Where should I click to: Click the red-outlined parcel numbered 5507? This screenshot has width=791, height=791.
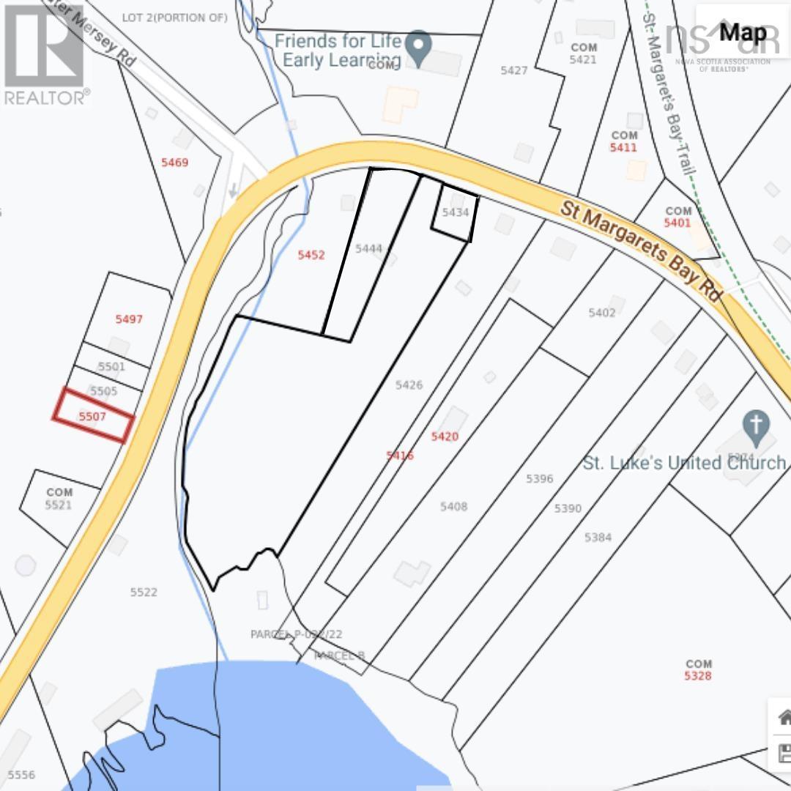(x=93, y=416)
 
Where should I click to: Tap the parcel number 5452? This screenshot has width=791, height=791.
(x=311, y=255)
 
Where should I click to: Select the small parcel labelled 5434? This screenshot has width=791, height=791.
(x=455, y=212)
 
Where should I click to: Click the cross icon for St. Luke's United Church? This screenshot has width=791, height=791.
(x=756, y=424)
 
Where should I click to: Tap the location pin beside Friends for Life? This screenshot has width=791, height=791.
(x=418, y=47)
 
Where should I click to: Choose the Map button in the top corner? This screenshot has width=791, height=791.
(x=742, y=32)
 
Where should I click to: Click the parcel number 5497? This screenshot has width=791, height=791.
(x=129, y=319)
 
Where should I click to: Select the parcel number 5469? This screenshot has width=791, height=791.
(x=174, y=163)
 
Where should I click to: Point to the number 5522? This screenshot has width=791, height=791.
(x=144, y=592)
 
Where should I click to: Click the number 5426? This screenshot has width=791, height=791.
(x=409, y=385)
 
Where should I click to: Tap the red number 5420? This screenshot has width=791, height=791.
(x=445, y=437)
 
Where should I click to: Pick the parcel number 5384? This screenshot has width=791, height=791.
(x=598, y=538)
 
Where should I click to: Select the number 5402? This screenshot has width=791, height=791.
(x=602, y=313)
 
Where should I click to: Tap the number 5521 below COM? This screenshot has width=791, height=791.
(x=59, y=505)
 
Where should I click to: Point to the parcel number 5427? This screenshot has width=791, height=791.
(x=514, y=70)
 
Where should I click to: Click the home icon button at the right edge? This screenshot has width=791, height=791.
(x=783, y=717)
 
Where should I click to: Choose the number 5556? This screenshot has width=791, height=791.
(x=21, y=774)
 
